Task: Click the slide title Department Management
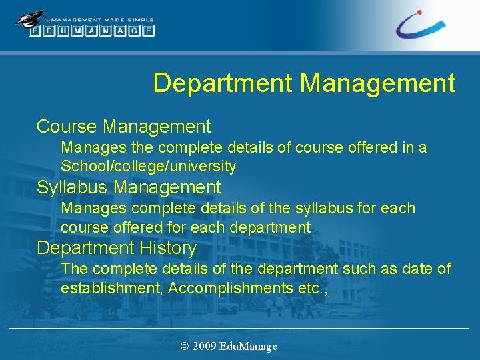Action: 304,83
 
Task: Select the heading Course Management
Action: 123,126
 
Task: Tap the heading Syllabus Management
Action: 128,187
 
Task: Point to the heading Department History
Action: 117,248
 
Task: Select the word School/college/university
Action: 148,165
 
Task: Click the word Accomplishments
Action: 230,288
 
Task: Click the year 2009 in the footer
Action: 204,346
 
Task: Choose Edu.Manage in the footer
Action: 247,346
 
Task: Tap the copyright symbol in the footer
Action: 185,346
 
